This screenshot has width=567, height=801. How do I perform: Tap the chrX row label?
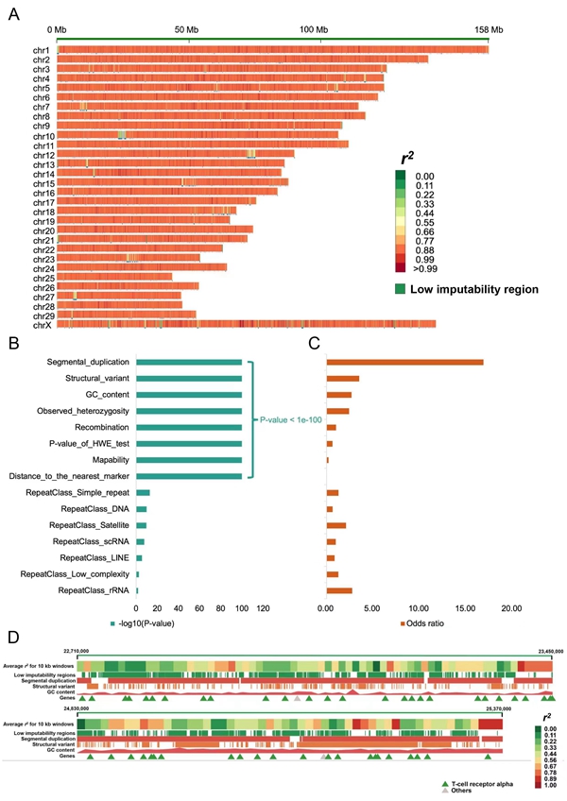(x=42, y=325)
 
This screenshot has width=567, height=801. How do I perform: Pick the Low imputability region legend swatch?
(x=402, y=288)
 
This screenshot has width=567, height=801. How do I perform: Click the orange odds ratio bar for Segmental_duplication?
(x=404, y=361)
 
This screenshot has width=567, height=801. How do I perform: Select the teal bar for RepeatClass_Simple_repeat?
(x=144, y=493)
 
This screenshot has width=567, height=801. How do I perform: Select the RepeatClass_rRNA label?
(x=94, y=590)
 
